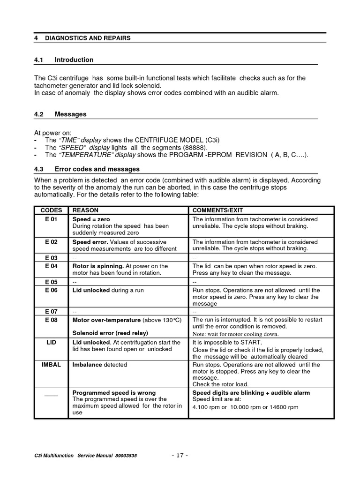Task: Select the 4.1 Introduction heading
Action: coord(74,60)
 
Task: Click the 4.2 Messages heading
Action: coord(70,114)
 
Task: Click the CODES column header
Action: coord(51,210)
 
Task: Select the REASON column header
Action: coord(85,210)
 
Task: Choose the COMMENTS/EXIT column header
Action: coord(217,210)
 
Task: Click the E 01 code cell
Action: coord(51,219)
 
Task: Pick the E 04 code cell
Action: coord(51,266)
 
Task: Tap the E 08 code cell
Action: coord(51,320)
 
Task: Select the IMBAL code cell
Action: coord(51,365)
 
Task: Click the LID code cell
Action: coord(51,343)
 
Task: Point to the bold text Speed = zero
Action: coord(91,219)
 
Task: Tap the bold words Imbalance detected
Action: coord(99,365)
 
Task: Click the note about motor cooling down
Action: coord(235,334)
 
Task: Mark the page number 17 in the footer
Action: coord(180,456)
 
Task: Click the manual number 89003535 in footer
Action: coord(126,456)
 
